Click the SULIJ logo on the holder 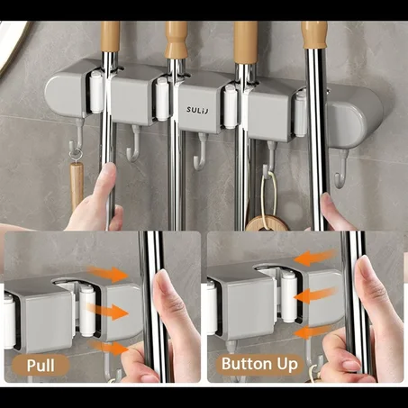(197, 110)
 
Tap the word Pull (41, 366)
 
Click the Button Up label (259, 364)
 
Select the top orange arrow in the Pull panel (108, 273)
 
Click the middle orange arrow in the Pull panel (108, 311)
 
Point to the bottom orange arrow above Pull (108, 347)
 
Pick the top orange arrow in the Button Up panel (314, 258)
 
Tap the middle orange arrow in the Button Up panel (315, 295)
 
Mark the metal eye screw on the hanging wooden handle (74, 157)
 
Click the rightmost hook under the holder (342, 169)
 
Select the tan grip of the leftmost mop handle (110, 36)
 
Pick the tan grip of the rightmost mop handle (314, 34)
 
